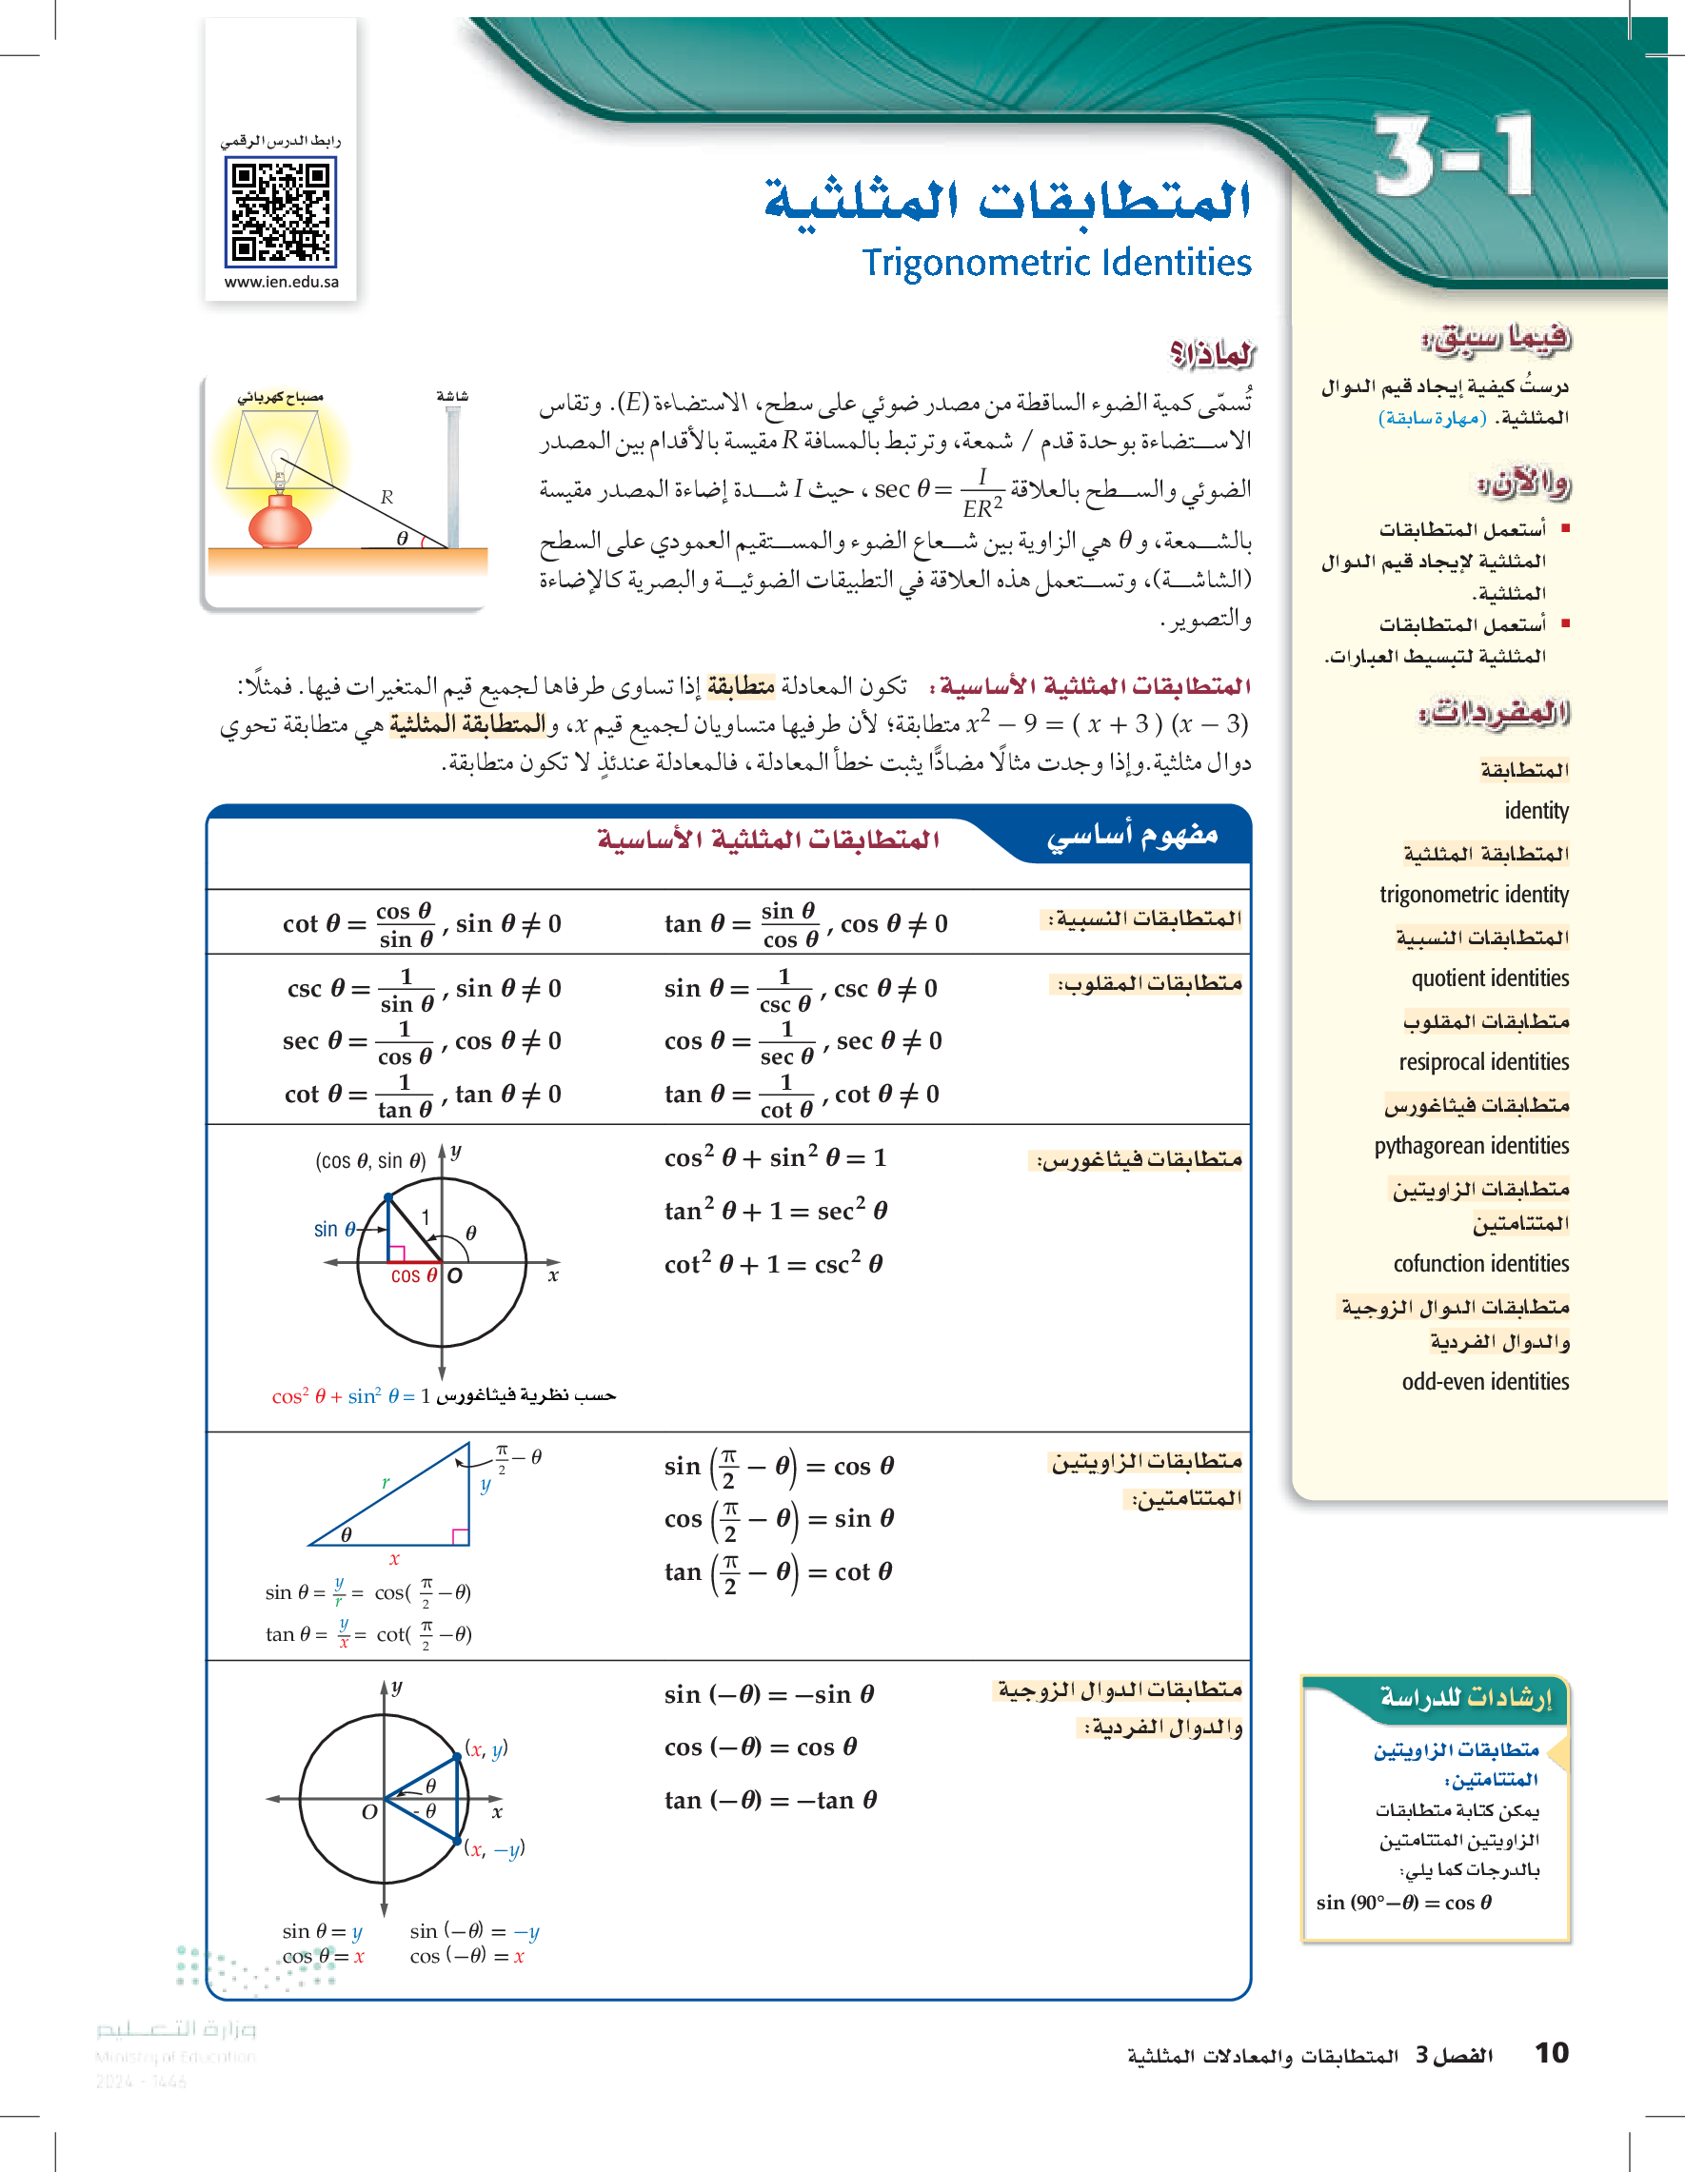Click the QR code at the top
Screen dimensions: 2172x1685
point(282,212)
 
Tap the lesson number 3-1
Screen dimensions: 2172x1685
point(1454,155)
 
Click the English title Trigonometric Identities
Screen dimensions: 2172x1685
point(1057,263)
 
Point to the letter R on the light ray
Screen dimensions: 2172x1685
point(386,497)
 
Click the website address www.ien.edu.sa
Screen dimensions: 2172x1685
point(282,283)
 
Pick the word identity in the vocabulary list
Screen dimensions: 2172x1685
point(1536,811)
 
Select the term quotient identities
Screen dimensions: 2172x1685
point(1489,978)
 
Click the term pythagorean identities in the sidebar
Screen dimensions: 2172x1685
point(1471,1146)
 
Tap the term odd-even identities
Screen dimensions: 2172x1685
point(1485,1381)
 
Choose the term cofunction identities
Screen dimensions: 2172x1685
point(1480,1264)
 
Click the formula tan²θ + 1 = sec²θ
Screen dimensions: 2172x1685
point(775,1211)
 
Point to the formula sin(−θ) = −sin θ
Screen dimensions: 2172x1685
point(769,1694)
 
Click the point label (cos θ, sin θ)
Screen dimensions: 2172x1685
point(370,1160)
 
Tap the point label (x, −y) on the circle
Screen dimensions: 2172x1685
point(494,1849)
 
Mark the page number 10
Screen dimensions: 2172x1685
point(1551,2053)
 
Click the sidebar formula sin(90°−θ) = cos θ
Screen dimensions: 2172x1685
point(1403,1903)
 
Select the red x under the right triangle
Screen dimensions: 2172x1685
point(394,1559)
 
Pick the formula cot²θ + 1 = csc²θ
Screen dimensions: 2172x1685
point(773,1264)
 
